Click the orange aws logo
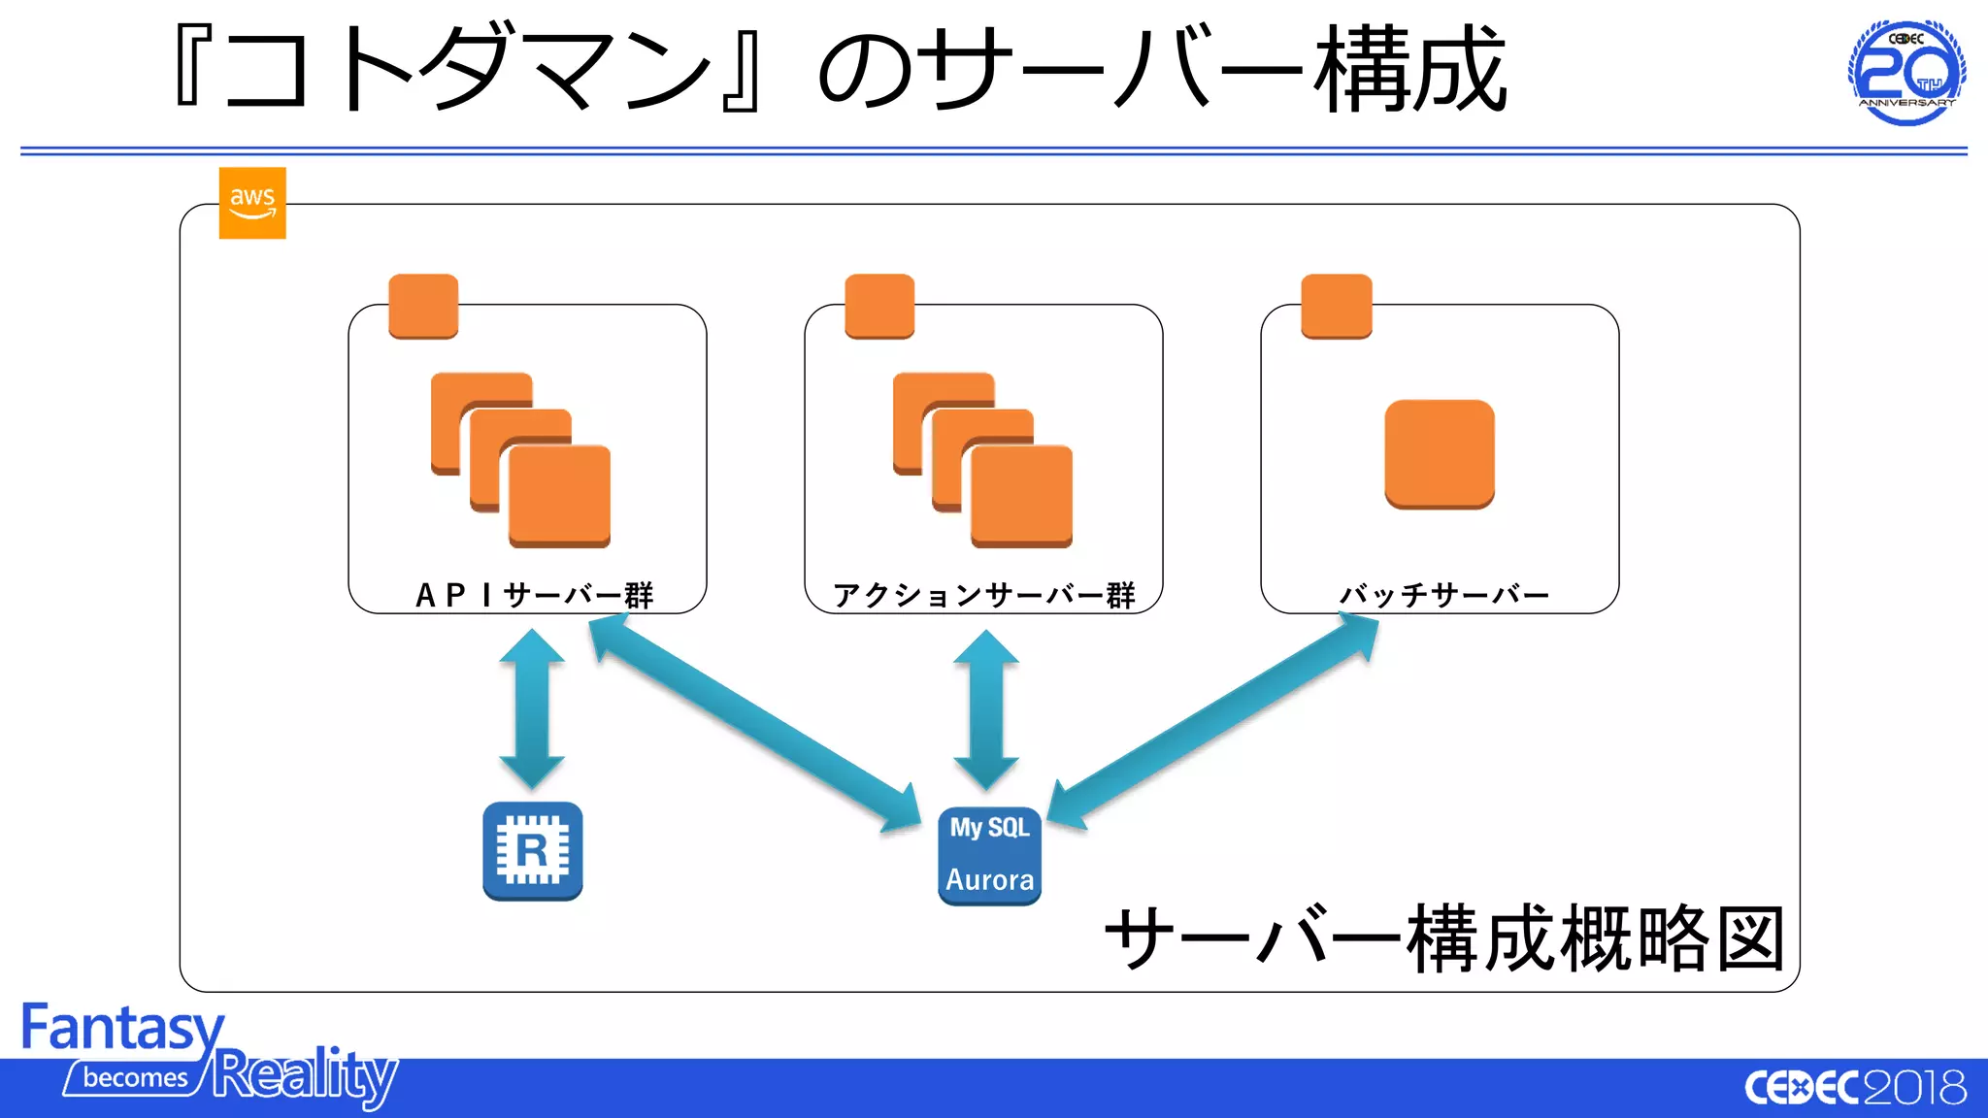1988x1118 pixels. tap(252, 203)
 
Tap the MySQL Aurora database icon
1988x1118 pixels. tap(989, 856)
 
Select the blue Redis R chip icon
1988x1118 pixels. tap(532, 851)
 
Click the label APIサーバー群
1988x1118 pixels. tap(534, 595)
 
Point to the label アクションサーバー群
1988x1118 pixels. tap(983, 595)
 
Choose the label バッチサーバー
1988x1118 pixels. tap(1443, 595)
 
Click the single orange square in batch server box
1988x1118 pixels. tap(1439, 453)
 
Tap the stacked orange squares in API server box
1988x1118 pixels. tap(521, 459)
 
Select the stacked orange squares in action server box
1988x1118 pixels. tap(983, 459)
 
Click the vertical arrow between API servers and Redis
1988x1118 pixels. tap(531, 708)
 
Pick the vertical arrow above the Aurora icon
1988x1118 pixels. tap(985, 708)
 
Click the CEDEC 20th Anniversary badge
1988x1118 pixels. tap(1906, 73)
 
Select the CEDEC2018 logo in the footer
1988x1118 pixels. tap(1855, 1088)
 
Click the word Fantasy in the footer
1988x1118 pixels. tap(122, 1029)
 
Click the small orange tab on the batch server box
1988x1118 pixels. tap(1336, 306)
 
